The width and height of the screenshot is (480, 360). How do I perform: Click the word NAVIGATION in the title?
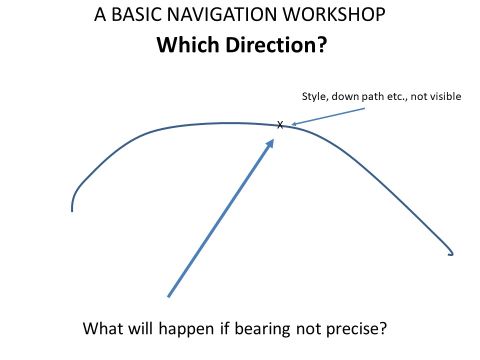click(222, 14)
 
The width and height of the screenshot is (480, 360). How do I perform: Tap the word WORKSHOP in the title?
click(333, 14)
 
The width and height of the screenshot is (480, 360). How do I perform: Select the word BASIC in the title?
click(136, 14)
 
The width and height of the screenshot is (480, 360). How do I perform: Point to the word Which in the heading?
click(188, 44)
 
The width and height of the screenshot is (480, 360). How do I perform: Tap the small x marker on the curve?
click(280, 124)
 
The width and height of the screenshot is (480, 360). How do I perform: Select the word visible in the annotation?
click(445, 96)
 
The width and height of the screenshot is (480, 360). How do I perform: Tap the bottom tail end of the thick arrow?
click(168, 296)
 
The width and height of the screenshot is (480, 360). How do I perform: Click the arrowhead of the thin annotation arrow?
click(294, 124)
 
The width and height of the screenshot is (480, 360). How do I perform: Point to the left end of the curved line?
click(72, 211)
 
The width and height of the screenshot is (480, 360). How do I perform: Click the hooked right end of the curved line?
click(451, 254)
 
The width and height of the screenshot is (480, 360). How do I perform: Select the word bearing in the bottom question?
click(262, 329)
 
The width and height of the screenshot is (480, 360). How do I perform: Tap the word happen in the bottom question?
click(186, 329)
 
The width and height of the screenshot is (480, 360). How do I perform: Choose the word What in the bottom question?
click(103, 328)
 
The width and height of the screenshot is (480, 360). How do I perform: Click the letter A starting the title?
click(100, 14)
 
